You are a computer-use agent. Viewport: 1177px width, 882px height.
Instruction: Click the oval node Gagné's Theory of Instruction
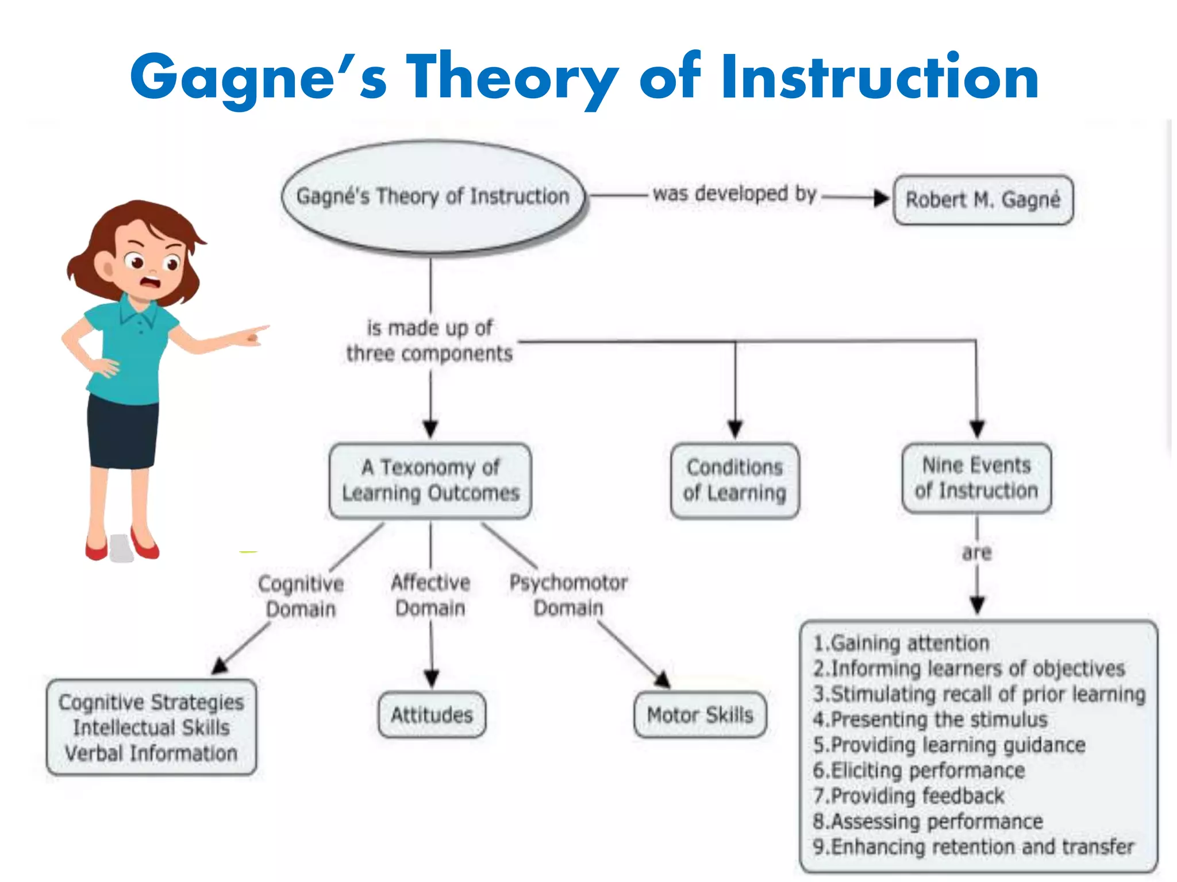coord(433,197)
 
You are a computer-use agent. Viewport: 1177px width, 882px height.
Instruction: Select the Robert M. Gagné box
coord(983,200)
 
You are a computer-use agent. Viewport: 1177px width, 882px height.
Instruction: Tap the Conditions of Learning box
coord(734,481)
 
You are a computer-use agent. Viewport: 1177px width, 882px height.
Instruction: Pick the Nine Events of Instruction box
coord(976,478)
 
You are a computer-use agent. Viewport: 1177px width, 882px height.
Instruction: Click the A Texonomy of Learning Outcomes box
coord(430,481)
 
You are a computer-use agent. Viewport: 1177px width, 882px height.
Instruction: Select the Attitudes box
coord(432,715)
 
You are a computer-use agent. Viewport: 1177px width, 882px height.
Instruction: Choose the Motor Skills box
coord(700,715)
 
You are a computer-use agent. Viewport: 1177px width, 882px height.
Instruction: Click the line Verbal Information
coord(151,753)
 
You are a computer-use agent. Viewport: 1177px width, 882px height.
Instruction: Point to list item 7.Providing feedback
coord(909,796)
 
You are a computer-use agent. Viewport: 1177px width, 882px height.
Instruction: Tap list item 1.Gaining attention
coord(901,643)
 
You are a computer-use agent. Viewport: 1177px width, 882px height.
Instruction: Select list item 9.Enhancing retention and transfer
coord(973,847)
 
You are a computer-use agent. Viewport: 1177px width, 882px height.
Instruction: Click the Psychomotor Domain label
coord(568,595)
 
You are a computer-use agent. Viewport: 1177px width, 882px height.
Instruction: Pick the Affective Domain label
coord(430,595)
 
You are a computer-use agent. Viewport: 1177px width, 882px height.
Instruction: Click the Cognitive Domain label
coord(301,596)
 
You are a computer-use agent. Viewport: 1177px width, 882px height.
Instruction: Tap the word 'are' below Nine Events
coord(977,553)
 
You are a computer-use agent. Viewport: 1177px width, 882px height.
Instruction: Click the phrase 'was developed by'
coord(734,194)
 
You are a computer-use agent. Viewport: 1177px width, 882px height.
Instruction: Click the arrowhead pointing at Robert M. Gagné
coord(881,199)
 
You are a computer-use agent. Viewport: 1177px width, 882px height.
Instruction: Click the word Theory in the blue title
coord(511,78)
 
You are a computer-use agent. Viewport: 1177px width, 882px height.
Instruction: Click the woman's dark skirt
coord(122,431)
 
